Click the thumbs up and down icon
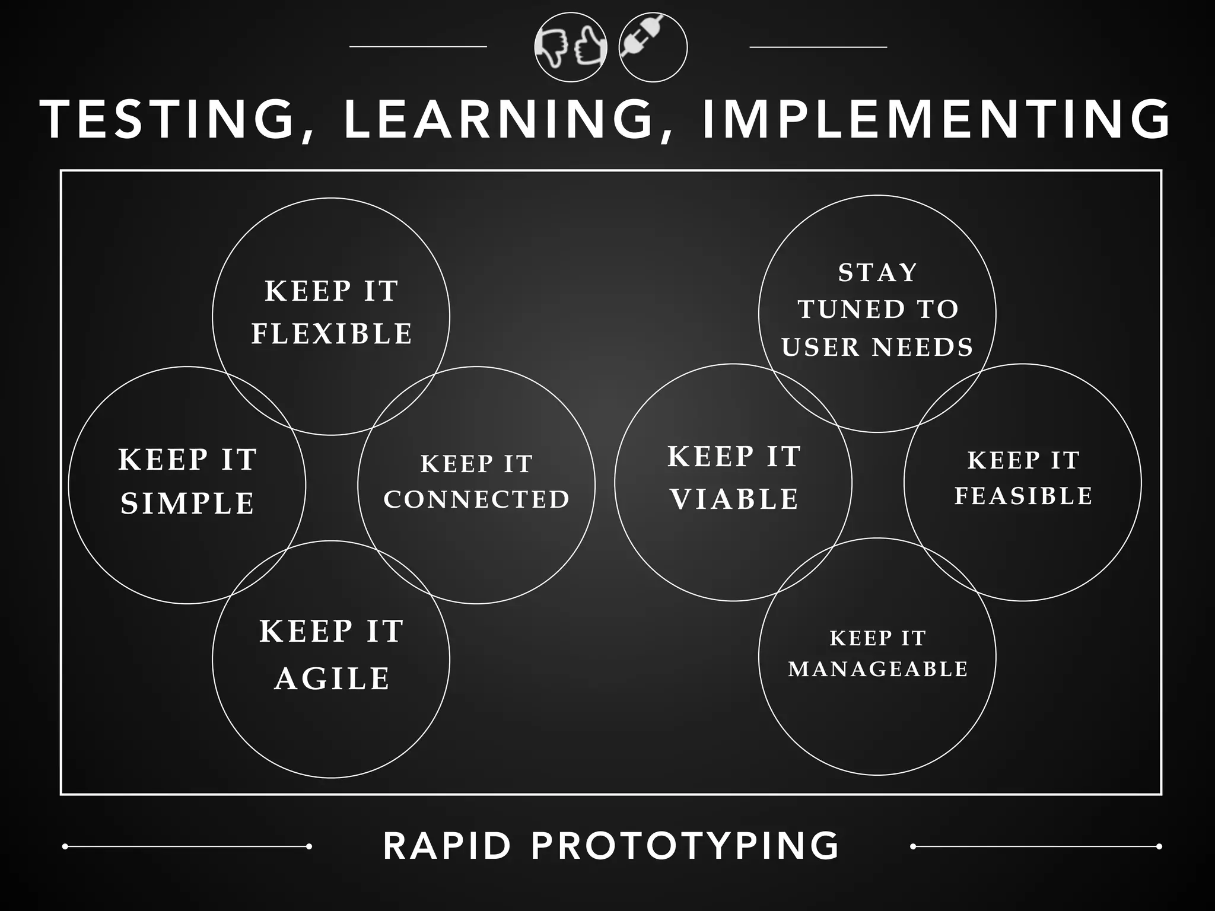tap(571, 47)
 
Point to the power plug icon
tap(653, 47)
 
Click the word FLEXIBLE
tap(332, 334)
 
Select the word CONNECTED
tap(476, 499)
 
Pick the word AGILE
tap(332, 679)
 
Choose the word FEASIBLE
tap(1023, 496)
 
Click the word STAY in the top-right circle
tap(877, 273)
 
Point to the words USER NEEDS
tap(877, 348)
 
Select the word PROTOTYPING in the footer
tap(685, 846)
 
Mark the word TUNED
tap(851, 310)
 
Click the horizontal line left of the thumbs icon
tap(418, 46)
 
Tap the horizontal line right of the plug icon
tap(818, 46)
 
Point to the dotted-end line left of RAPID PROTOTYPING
tap(187, 846)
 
